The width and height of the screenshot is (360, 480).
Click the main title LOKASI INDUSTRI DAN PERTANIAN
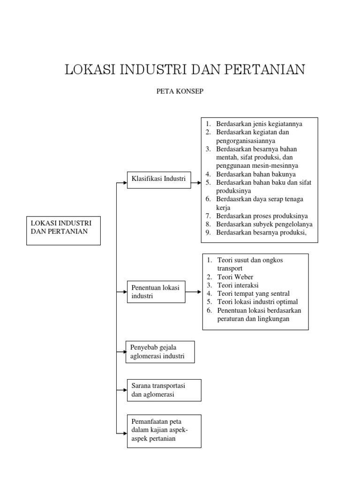[185, 70]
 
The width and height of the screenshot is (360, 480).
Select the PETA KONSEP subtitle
[180, 91]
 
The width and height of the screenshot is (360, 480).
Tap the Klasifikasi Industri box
[159, 180]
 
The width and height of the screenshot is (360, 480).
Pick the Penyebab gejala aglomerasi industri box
[160, 352]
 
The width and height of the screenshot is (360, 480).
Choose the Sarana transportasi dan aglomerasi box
[164, 390]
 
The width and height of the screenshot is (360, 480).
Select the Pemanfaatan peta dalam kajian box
[164, 431]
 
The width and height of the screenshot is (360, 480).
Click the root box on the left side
[63, 230]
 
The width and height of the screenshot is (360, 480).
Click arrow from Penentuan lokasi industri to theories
[194, 292]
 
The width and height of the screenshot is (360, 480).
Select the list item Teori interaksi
[238, 285]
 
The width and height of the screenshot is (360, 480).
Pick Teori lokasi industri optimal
[257, 302]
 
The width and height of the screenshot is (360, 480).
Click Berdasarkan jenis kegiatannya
[259, 124]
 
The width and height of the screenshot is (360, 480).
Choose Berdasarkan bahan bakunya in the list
[256, 174]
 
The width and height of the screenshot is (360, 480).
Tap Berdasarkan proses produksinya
[262, 216]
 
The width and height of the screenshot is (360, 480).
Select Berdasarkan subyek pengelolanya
[264, 224]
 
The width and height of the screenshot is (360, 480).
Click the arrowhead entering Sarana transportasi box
[124, 390]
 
